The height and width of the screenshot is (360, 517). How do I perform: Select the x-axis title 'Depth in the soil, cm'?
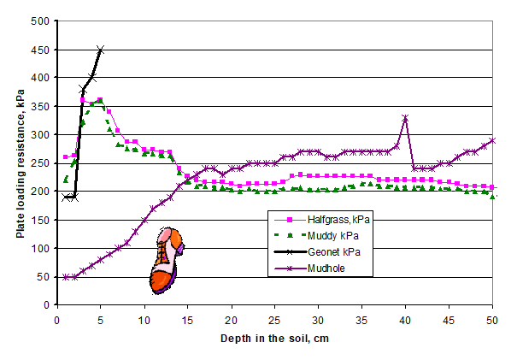click(274, 338)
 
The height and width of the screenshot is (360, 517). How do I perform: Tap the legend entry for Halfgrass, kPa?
click(338, 219)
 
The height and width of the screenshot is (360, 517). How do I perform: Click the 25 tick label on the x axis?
click(274, 320)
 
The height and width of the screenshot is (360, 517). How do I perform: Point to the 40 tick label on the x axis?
click(405, 320)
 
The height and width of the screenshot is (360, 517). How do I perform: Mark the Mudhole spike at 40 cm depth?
click(405, 118)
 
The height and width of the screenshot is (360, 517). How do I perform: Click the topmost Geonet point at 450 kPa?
click(100, 50)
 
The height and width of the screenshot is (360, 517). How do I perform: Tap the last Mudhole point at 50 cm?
click(493, 140)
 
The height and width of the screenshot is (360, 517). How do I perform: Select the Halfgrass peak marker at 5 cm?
click(100, 100)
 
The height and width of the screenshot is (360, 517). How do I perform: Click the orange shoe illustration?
click(165, 260)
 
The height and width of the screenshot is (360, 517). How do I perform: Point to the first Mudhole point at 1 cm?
click(65, 277)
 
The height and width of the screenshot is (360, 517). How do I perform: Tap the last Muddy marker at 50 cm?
click(493, 197)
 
